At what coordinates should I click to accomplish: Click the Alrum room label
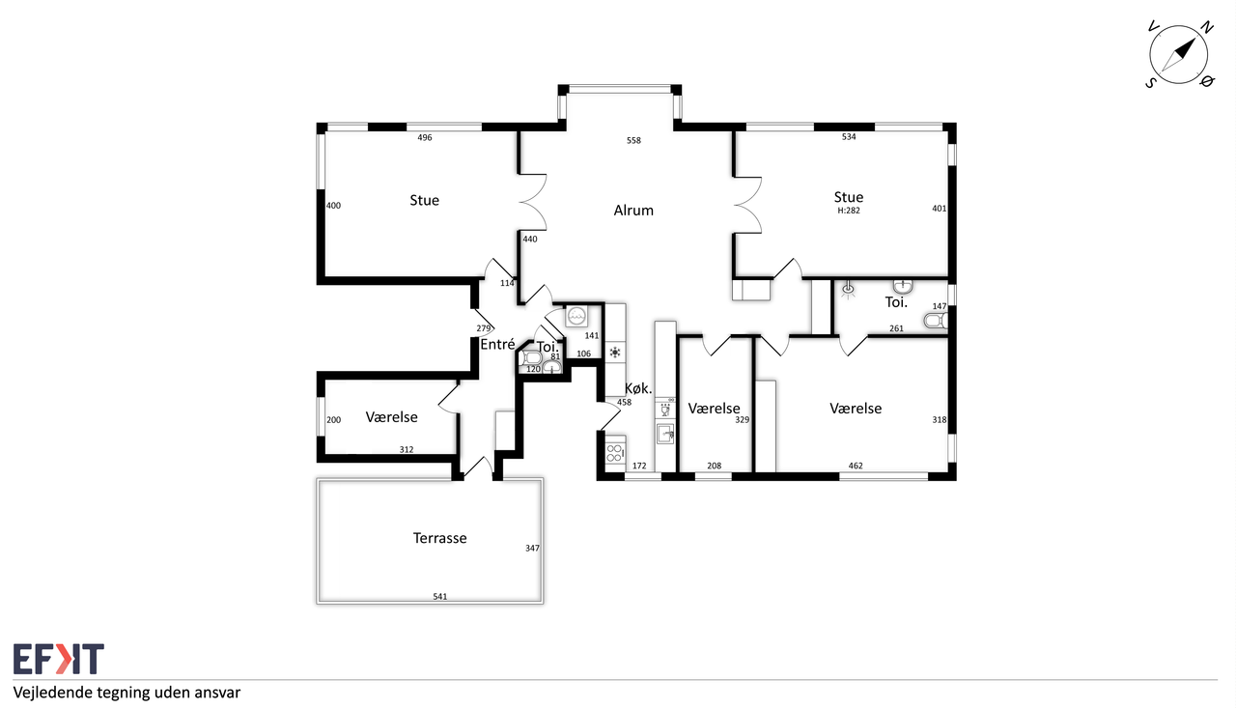click(x=633, y=211)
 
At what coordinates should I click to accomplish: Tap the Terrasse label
click(x=439, y=538)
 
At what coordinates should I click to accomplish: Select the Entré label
click(x=497, y=345)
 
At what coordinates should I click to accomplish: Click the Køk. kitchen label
click(x=638, y=388)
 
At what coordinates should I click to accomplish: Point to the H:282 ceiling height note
click(x=849, y=211)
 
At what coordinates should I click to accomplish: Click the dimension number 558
click(x=633, y=141)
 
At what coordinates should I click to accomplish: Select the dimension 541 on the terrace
click(x=439, y=596)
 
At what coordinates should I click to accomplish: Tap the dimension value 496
click(x=424, y=137)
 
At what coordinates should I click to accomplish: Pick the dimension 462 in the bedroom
click(x=856, y=466)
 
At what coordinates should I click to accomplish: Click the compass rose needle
click(x=1179, y=55)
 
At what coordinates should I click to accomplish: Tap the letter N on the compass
click(x=1207, y=27)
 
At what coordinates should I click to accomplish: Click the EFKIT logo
click(x=59, y=659)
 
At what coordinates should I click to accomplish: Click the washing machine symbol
click(x=576, y=316)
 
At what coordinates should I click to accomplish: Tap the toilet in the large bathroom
click(x=936, y=320)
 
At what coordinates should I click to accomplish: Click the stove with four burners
click(x=615, y=453)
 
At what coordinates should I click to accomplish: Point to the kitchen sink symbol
click(x=665, y=434)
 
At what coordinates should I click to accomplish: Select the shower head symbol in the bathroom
click(x=848, y=289)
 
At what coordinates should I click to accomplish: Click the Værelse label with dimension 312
click(x=391, y=417)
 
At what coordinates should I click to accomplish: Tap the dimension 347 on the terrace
click(x=532, y=548)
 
